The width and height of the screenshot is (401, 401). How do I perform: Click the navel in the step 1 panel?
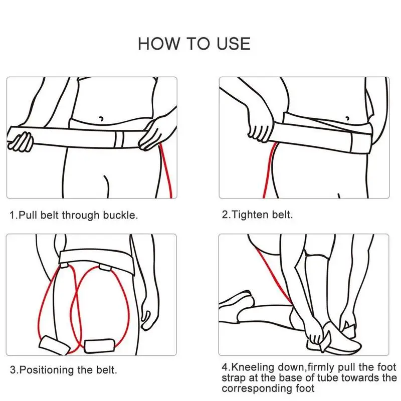pos(101,119)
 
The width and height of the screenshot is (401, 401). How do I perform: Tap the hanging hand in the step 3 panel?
pos(149,315)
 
